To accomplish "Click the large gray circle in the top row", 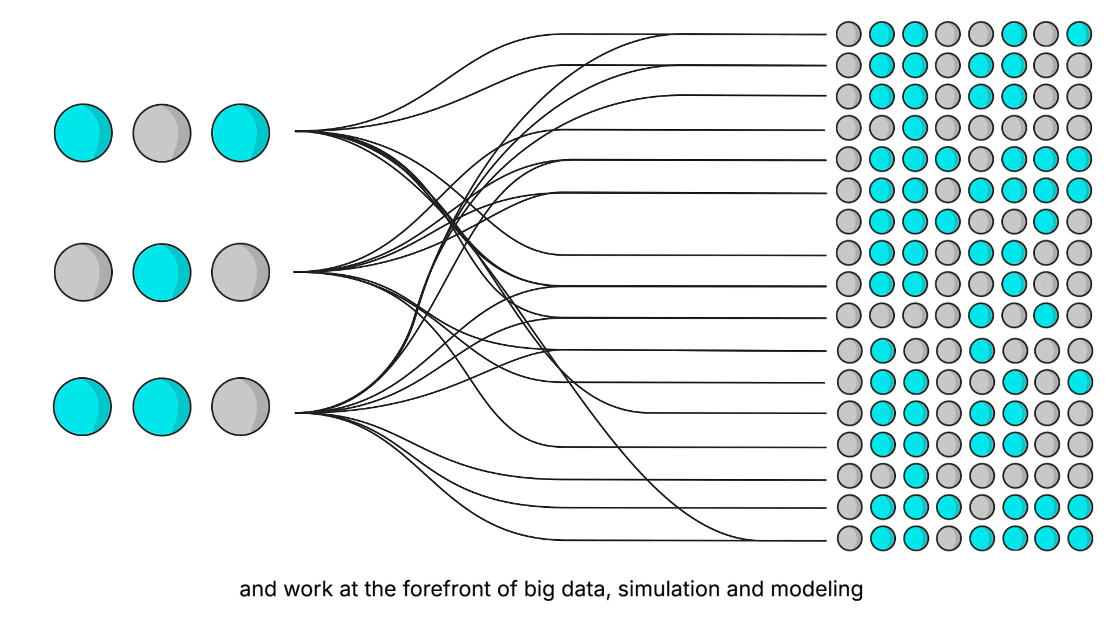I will tap(161, 133).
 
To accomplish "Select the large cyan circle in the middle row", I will tap(161, 272).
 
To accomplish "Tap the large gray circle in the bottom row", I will tap(240, 406).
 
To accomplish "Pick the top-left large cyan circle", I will tap(83, 133).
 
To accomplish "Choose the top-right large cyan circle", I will tap(240, 133).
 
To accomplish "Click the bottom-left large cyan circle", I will tap(82, 406).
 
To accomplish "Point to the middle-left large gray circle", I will tap(83, 272).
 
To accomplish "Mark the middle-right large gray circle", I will tap(240, 272).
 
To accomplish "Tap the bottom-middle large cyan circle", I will tap(161, 406).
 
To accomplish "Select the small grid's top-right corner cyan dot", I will tap(1079, 34).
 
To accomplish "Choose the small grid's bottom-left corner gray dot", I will tap(850, 538).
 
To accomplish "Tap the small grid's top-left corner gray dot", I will tap(848, 34).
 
